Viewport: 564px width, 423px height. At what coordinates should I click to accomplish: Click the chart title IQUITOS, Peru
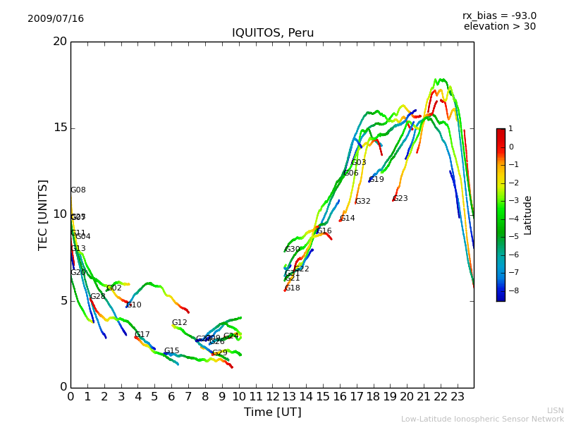coord(273,33)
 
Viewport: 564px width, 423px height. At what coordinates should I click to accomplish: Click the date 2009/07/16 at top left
coord(56,19)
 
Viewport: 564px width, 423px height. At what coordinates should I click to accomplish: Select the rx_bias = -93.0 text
coord(499,16)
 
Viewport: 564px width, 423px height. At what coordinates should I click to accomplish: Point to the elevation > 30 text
coord(499,27)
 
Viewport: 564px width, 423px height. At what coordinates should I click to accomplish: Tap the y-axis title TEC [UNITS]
coord(43,214)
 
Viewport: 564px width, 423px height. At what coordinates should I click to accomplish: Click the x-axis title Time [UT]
coord(272,412)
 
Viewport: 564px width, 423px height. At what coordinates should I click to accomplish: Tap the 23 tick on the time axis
coord(457,397)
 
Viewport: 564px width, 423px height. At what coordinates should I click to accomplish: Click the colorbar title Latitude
coord(528,215)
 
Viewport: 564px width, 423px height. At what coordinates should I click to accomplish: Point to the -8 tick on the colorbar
coord(510,290)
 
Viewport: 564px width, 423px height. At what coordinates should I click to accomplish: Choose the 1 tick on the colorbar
coord(510,129)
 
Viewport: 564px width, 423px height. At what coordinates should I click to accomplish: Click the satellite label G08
coord(78,190)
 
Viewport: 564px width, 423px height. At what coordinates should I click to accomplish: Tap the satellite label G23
coord(400,199)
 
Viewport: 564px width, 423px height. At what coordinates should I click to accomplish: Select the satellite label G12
coord(179,323)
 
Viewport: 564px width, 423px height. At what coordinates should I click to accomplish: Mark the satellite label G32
coord(362,202)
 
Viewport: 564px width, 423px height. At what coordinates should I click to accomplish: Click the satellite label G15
coord(171,351)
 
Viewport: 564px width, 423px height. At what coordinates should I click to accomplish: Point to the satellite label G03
coord(358,163)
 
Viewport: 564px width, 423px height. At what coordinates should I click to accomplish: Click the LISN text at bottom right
coord(555,410)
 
